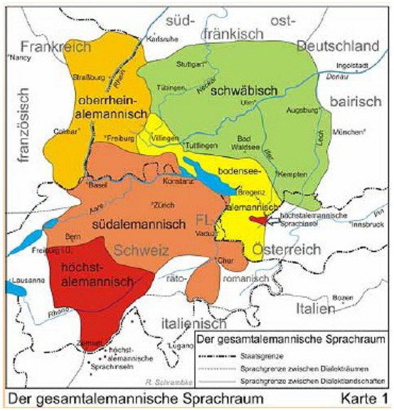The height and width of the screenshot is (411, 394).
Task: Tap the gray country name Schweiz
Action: pyautogui.click(x=144, y=250)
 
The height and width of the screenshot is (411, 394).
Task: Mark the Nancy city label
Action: pyautogui.click(x=16, y=59)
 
